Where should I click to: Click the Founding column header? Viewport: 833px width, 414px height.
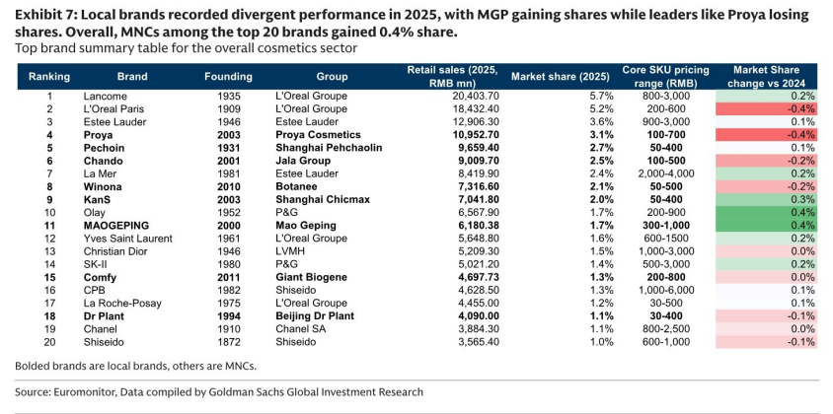pyautogui.click(x=228, y=77)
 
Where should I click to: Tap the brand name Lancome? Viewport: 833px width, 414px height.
pyautogui.click(x=106, y=96)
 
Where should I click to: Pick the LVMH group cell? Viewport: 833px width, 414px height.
pyautogui.click(x=288, y=251)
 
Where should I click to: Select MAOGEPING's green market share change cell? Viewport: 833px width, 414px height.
pyautogui.click(x=766, y=226)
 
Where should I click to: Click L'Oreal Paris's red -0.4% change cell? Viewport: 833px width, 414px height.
pyautogui.click(x=766, y=108)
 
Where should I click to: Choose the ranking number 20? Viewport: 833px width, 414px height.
pyautogui.click(x=49, y=342)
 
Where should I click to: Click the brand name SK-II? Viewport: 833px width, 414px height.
pyautogui.click(x=95, y=264)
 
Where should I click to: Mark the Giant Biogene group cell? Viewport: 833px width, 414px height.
pyautogui.click(x=311, y=277)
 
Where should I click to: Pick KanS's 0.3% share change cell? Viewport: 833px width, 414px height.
pyautogui.click(x=766, y=199)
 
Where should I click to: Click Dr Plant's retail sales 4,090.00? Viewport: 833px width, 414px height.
pyautogui.click(x=479, y=316)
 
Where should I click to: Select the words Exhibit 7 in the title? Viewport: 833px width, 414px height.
pyautogui.click(x=43, y=16)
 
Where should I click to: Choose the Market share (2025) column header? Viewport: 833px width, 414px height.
pyautogui.click(x=560, y=77)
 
